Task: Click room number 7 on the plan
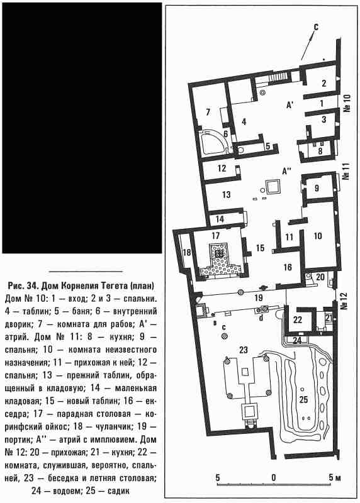pos(208,112)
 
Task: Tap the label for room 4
pos(244,122)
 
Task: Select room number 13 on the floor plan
pos(226,194)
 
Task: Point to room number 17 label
pos(215,235)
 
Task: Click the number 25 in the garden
pos(303,399)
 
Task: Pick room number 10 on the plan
pos(318,236)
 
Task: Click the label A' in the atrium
pos(290,104)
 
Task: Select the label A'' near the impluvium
pos(286,172)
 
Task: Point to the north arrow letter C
pos(316,28)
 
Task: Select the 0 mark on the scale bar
pos(273,477)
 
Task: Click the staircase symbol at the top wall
pos(278,76)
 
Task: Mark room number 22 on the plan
pos(298,320)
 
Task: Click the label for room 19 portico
pos(259,298)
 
